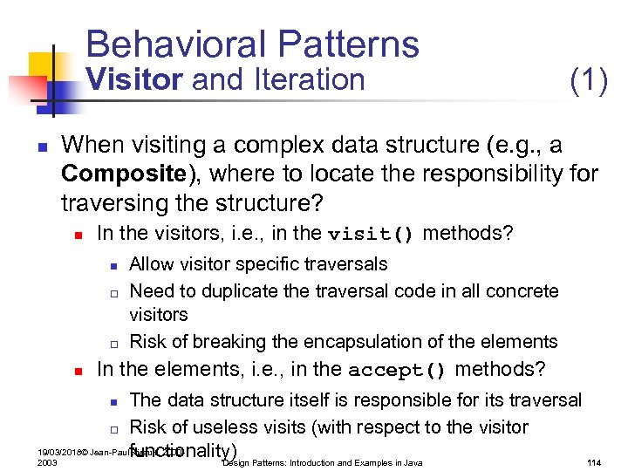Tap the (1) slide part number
tap(588, 80)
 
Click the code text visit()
tap(371, 235)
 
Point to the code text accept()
tap(397, 370)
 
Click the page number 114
tap(595, 462)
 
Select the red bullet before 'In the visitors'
tap(78, 235)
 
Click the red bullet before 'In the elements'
tap(78, 371)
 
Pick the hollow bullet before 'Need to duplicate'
tap(113, 292)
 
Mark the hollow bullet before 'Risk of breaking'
tap(113, 343)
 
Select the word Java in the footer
tap(411, 462)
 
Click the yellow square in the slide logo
tap(43, 67)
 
